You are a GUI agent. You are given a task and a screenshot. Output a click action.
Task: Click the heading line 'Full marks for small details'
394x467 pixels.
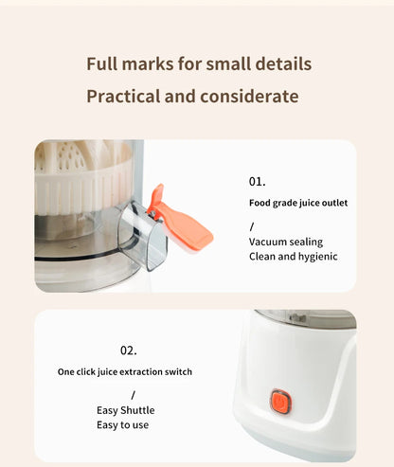(198, 64)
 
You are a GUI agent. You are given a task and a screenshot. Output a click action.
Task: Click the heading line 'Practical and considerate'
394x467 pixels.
(192, 97)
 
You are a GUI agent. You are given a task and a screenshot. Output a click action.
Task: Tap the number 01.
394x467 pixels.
(258, 181)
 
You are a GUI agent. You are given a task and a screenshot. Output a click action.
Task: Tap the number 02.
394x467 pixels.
(128, 350)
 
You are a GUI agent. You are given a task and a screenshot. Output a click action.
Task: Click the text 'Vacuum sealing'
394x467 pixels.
(284, 242)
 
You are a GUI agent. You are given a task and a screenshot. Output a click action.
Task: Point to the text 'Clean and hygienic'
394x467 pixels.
(293, 257)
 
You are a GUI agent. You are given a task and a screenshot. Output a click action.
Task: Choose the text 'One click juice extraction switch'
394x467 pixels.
(125, 372)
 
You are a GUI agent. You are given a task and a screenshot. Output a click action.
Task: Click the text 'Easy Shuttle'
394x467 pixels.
(125, 410)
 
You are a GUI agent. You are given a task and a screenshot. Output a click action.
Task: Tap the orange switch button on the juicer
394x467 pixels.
(279, 402)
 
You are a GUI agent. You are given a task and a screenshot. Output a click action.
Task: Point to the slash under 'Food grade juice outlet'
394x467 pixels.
(252, 226)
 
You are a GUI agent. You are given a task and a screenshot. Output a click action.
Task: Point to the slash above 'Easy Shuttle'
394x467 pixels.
(133, 394)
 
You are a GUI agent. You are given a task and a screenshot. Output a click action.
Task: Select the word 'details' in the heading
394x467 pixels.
(282, 64)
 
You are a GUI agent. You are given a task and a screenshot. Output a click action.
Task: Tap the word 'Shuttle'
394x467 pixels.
(138, 410)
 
